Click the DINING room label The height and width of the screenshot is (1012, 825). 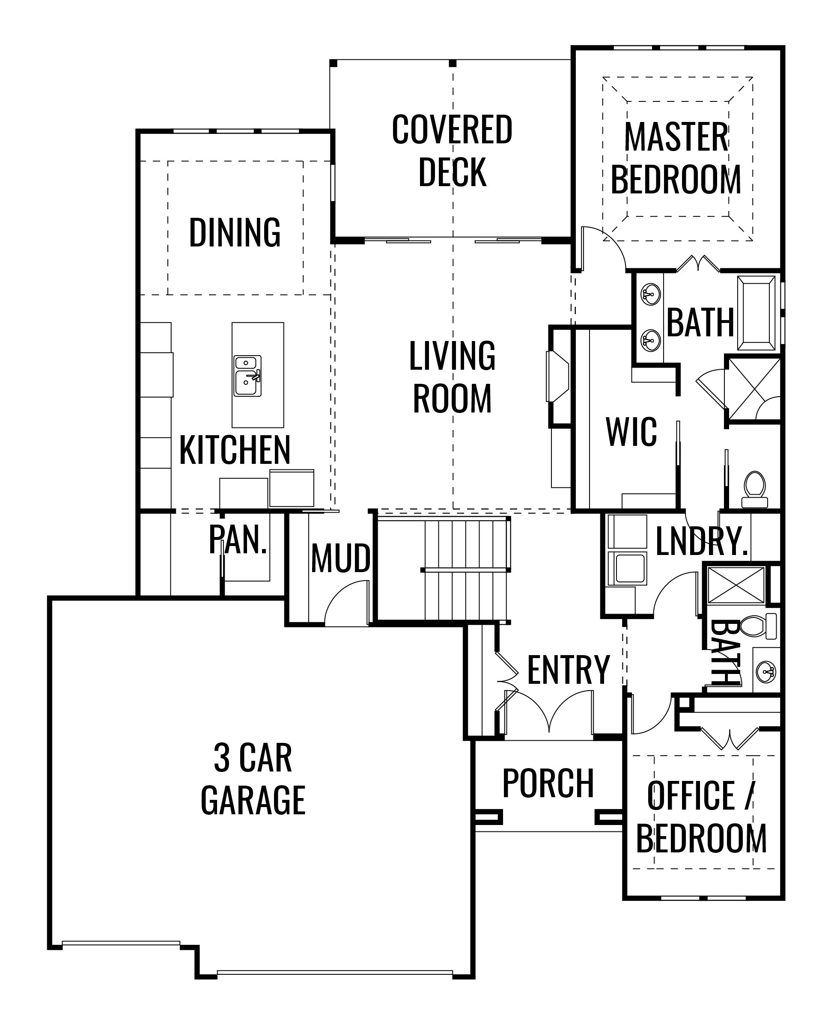[x=235, y=232]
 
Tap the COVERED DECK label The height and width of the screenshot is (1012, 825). [x=452, y=151]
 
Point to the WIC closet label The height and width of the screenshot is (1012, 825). [x=631, y=432]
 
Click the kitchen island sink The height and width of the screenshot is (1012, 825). [x=247, y=376]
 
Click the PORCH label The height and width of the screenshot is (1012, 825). [x=548, y=783]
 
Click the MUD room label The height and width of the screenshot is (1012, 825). [x=341, y=558]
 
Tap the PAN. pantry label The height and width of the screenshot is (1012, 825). [x=238, y=540]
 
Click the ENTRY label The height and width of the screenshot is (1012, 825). [x=569, y=670]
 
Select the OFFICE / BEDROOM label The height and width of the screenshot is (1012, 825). [x=701, y=817]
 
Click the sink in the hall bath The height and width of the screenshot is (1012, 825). [x=766, y=670]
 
